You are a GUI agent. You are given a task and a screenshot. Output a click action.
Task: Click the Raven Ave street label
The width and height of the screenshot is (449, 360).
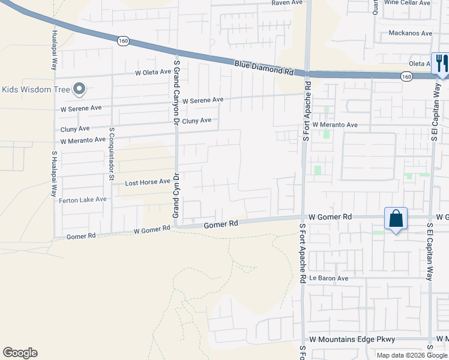[287, 3]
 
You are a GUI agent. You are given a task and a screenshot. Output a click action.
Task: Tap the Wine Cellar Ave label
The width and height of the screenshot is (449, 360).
[408, 3]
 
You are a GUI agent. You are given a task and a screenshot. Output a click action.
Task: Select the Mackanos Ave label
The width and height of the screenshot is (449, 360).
[411, 33]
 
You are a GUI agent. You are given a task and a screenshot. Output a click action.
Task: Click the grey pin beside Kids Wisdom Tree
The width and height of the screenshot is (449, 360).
[79, 90]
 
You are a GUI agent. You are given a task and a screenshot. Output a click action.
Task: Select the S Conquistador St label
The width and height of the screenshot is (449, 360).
[112, 154]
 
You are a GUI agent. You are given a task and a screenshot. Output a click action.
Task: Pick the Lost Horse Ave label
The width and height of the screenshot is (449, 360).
[148, 182]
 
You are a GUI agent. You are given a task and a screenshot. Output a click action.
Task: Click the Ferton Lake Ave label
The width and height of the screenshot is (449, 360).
[83, 200]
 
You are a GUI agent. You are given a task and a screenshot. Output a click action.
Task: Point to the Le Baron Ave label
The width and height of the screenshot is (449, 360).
[329, 278]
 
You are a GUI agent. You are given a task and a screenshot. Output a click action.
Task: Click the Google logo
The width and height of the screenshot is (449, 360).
[20, 353]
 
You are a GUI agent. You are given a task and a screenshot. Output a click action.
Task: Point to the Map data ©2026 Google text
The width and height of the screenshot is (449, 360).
[412, 355]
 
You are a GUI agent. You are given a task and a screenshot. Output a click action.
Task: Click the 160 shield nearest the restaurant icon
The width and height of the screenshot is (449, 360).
[406, 76]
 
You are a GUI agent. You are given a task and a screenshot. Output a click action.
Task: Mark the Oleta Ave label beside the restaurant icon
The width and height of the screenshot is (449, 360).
[420, 64]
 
